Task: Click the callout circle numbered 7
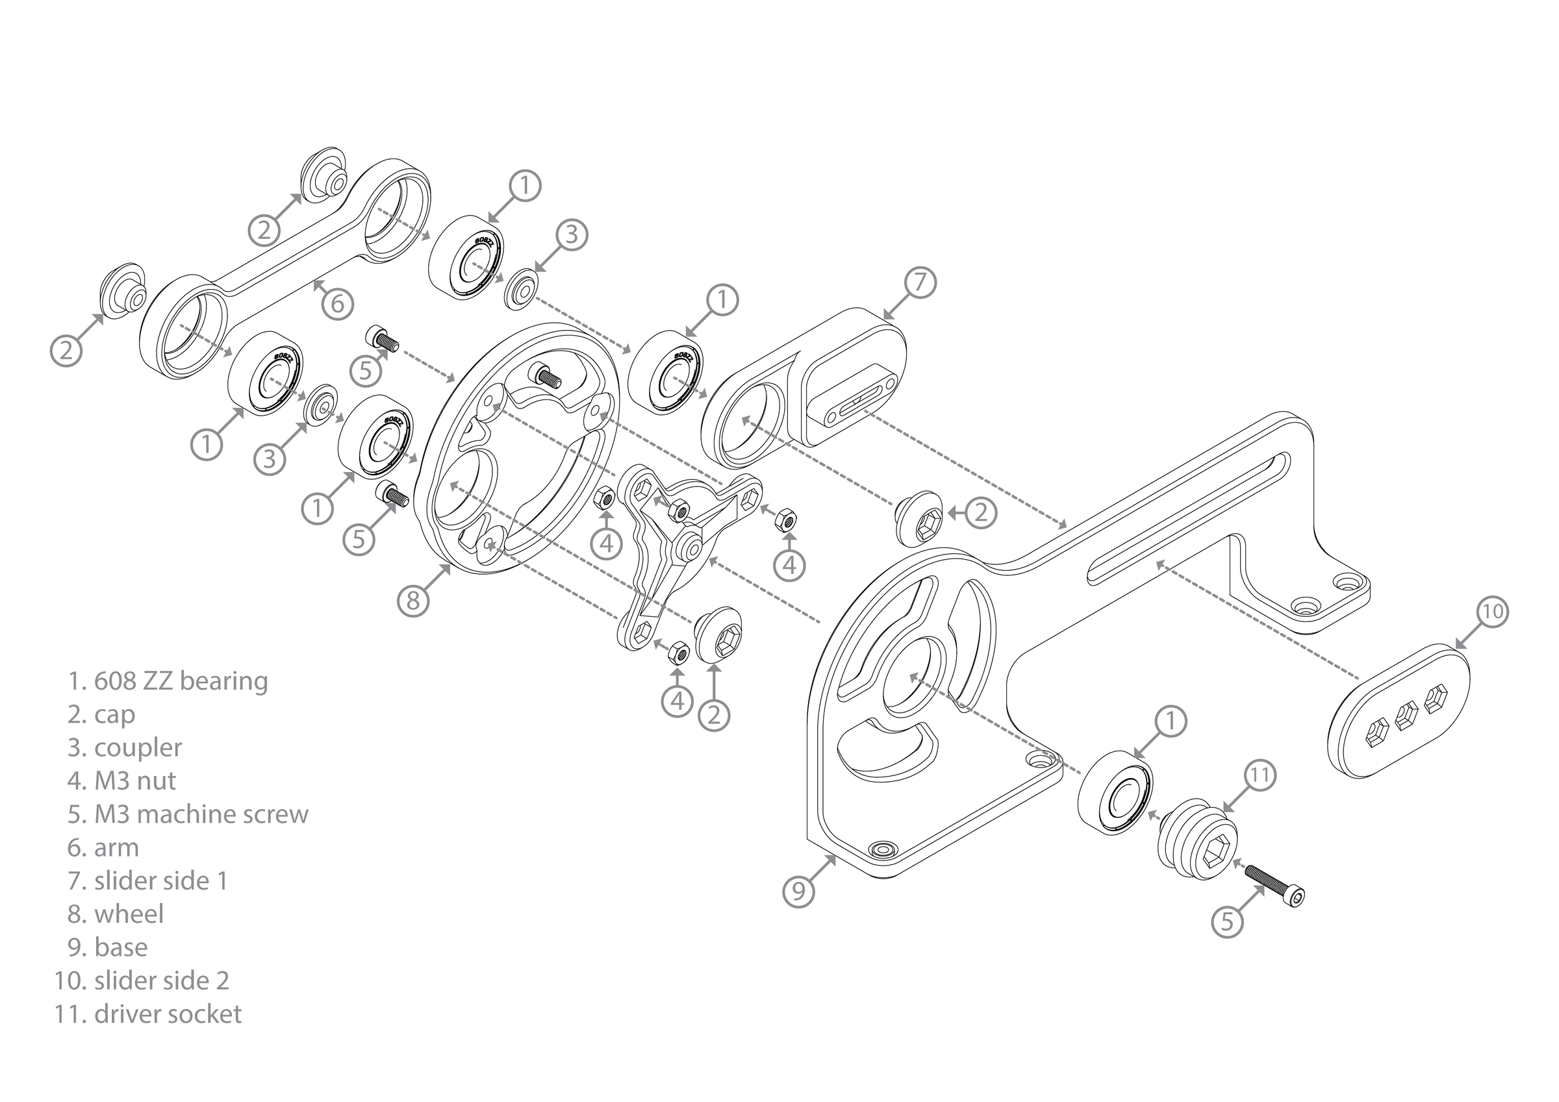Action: point(920,282)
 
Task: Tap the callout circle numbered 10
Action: point(1492,612)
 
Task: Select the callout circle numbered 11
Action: point(1260,775)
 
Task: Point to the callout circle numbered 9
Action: point(798,890)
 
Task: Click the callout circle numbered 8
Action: point(414,600)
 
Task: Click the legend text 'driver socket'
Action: point(168,1014)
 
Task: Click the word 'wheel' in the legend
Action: point(129,914)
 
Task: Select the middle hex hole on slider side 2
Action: point(1404,715)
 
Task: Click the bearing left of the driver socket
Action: point(1115,793)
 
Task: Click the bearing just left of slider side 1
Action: point(665,372)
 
